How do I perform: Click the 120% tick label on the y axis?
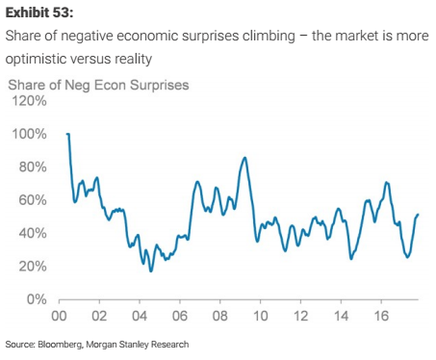click(29, 101)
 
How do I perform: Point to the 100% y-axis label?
click(29, 134)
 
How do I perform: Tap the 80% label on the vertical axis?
click(33, 167)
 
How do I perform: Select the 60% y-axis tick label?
click(33, 200)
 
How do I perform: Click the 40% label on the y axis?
click(33, 233)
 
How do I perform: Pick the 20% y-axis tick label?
click(33, 266)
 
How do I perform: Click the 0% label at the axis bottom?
click(37, 299)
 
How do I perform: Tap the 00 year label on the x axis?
click(59, 316)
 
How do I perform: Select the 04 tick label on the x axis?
click(140, 316)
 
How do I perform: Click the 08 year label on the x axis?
click(220, 316)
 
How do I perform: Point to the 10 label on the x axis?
click(261, 316)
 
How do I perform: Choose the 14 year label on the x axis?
click(341, 316)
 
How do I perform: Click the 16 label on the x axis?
click(381, 316)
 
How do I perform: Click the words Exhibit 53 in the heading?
click(39, 13)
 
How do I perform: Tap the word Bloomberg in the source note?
click(61, 345)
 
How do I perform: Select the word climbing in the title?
click(269, 36)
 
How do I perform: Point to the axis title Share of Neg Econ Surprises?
click(98, 85)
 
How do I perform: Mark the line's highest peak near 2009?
click(244, 157)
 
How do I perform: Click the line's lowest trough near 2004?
click(151, 271)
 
